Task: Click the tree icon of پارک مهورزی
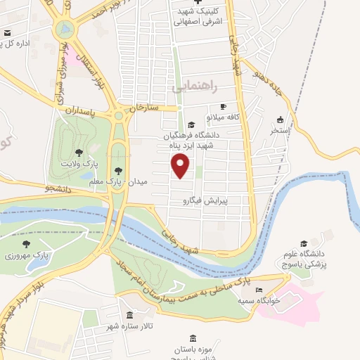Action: tap(26, 244)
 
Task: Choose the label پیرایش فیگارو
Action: tap(205, 200)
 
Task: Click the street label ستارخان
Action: tap(146, 108)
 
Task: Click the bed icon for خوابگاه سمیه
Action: tap(259, 290)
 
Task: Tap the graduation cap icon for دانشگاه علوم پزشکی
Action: tap(303, 243)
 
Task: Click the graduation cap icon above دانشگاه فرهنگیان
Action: tap(182, 124)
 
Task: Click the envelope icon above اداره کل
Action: tap(7, 33)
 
